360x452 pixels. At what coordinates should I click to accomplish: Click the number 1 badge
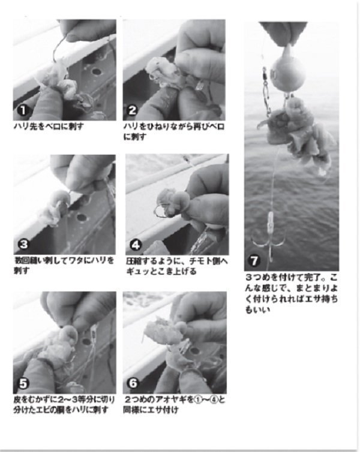click(21, 111)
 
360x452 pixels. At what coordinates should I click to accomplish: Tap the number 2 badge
click(132, 111)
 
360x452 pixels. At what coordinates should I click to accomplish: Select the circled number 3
click(22, 244)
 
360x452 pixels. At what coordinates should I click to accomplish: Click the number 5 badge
click(22, 383)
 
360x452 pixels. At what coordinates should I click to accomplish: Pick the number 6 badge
click(132, 384)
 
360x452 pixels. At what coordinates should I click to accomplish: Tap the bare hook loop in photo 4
click(161, 211)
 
